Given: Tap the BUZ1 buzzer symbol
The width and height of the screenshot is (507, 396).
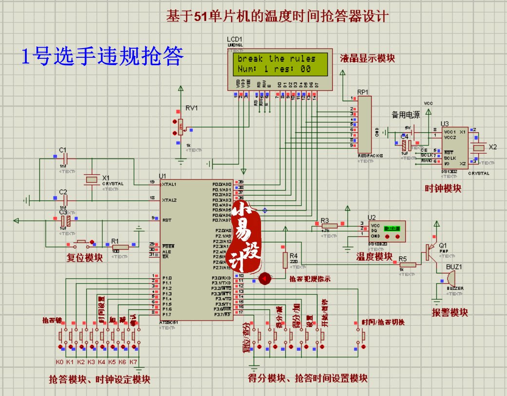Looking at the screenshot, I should coord(451,279).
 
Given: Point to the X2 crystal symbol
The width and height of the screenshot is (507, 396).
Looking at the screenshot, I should coord(480,147).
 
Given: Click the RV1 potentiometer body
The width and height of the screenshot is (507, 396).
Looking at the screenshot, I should coord(180,127).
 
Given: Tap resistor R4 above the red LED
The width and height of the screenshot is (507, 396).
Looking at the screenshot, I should coord(285,260).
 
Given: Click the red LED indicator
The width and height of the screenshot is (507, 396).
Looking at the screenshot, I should coord(265,278).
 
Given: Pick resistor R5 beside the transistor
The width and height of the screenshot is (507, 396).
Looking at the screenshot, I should coord(408,265).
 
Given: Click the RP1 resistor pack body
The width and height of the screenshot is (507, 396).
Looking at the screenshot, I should coord(364,124).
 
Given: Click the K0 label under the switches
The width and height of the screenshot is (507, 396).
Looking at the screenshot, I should coord(60,362).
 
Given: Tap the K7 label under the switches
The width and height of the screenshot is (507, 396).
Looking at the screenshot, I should coord(133,362).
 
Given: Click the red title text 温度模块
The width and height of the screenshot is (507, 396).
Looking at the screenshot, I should coord(374,256).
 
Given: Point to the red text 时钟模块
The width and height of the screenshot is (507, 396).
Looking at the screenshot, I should coord(443,189).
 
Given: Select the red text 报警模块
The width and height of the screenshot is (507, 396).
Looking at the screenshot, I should coord(450,313).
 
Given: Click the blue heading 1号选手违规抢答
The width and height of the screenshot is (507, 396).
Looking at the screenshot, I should coord(103,57).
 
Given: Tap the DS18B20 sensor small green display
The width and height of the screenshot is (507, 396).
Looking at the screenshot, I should coord(392,227).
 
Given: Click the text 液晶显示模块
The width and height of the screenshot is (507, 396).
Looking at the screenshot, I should coord(368,58).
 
